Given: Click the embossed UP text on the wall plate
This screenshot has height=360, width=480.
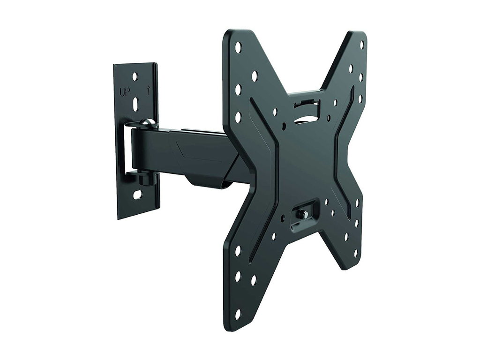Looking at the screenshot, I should [125, 91].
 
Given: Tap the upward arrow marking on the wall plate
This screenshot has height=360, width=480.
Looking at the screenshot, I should [149, 90].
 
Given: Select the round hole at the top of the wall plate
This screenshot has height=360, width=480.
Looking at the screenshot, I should [135, 75].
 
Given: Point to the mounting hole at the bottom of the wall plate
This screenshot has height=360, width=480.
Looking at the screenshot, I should [136, 194].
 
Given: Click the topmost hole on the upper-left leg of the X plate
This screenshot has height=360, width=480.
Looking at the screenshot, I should [238, 46].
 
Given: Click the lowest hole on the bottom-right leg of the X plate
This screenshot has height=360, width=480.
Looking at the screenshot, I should [355, 253].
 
